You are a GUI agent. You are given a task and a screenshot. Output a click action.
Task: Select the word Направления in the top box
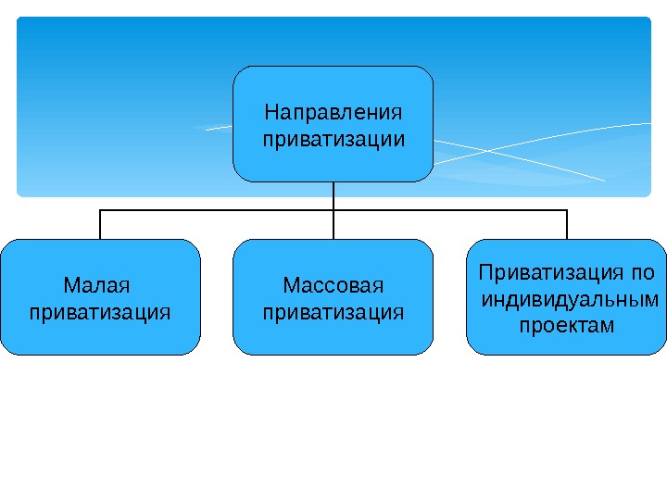click(x=333, y=113)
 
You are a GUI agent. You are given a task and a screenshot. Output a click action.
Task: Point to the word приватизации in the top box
click(x=333, y=140)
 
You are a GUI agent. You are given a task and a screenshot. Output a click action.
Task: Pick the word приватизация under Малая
click(x=100, y=311)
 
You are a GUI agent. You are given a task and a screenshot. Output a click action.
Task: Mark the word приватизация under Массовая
click(x=333, y=311)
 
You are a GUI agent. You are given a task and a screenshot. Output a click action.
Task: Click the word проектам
click(x=566, y=326)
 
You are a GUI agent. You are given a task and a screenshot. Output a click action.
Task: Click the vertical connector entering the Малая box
click(x=100, y=225)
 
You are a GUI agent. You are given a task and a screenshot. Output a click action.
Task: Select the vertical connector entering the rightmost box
click(x=566, y=225)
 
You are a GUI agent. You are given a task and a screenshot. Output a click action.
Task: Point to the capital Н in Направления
click(x=271, y=113)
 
